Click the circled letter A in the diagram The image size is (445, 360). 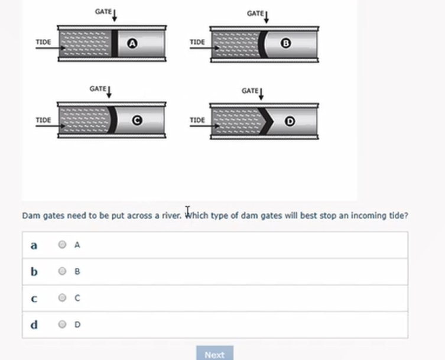132,43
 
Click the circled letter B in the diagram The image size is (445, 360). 285,43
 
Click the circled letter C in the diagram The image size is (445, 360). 137,121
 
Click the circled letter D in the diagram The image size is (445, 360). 290,121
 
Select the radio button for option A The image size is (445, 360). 62,245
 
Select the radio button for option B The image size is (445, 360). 62,271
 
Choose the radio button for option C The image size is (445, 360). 62,298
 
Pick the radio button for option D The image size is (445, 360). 62,325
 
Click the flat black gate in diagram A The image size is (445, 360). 114,43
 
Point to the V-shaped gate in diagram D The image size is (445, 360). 267,121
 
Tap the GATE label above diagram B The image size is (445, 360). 255,13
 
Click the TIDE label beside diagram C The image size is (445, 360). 43,120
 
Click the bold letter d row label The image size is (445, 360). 34,325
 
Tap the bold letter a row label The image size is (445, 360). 34,245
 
